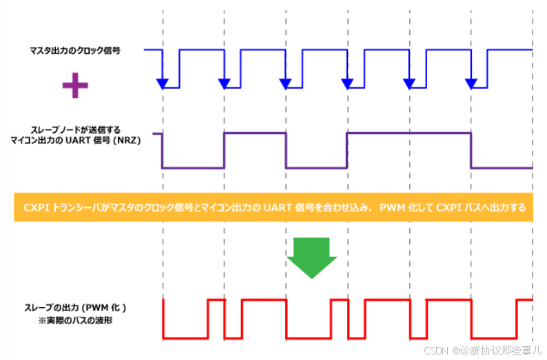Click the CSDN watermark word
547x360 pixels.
(x=436, y=350)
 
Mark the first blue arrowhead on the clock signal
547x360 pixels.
(x=162, y=84)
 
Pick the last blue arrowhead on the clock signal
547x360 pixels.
(x=471, y=84)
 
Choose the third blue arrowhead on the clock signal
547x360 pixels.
(x=286, y=84)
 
